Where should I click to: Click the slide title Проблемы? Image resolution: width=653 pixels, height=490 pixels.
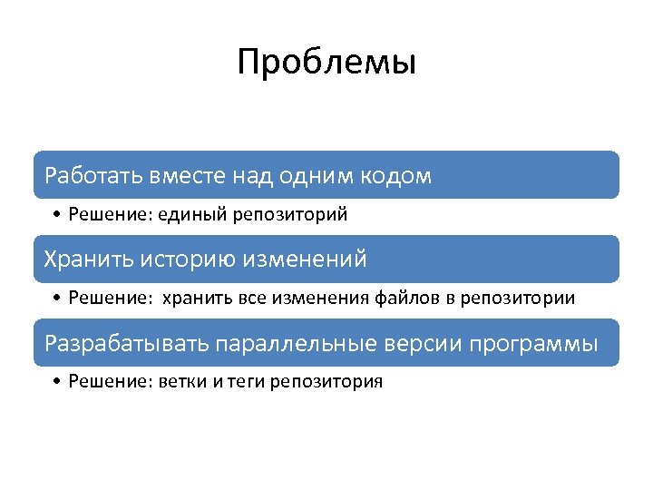(326, 64)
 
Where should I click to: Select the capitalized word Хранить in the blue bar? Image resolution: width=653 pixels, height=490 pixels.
(88, 259)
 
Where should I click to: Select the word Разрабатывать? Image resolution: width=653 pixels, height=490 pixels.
(126, 344)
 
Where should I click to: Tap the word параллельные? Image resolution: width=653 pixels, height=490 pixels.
(297, 344)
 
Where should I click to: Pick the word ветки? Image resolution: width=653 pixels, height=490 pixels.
(182, 382)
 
